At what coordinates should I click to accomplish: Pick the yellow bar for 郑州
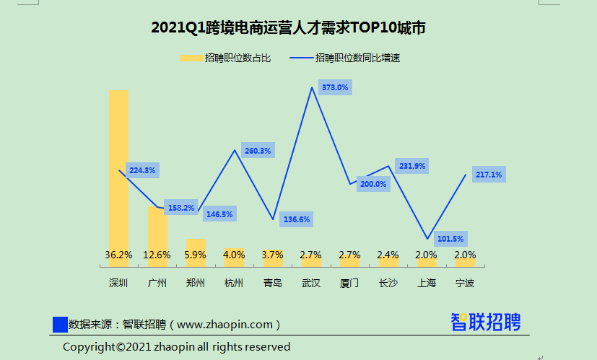click(196, 245)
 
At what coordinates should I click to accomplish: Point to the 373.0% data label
click(335, 87)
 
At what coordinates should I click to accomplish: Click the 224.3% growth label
click(142, 170)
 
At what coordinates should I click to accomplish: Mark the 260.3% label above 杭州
click(258, 151)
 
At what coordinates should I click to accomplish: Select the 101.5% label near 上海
click(450, 239)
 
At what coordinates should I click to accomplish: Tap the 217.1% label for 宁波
click(489, 175)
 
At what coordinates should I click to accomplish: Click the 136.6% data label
click(296, 219)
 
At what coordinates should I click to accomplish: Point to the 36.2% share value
click(118, 255)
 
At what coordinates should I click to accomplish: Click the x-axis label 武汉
click(311, 283)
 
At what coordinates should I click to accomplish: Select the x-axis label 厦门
click(349, 283)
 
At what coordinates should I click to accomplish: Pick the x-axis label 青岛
click(273, 283)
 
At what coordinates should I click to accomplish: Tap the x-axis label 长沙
click(388, 283)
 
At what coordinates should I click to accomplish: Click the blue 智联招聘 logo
click(485, 322)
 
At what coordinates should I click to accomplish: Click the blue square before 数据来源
click(60, 325)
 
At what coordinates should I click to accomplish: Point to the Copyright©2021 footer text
click(176, 347)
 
